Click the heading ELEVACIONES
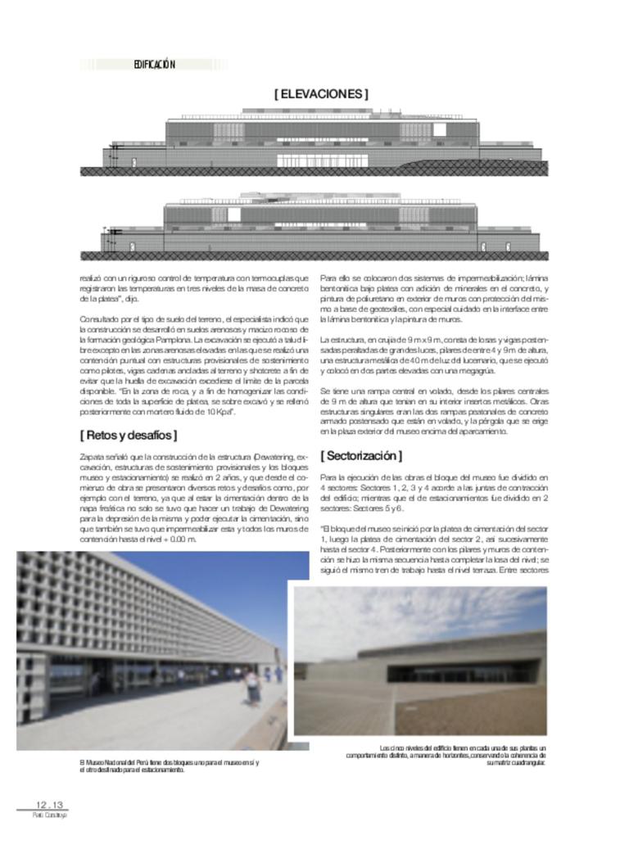coord(320,94)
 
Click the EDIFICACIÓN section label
coord(154,65)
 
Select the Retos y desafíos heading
coord(128,435)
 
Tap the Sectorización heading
coord(360,455)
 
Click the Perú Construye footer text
coord(49,815)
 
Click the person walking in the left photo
coord(252,686)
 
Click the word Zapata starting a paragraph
coord(92,455)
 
